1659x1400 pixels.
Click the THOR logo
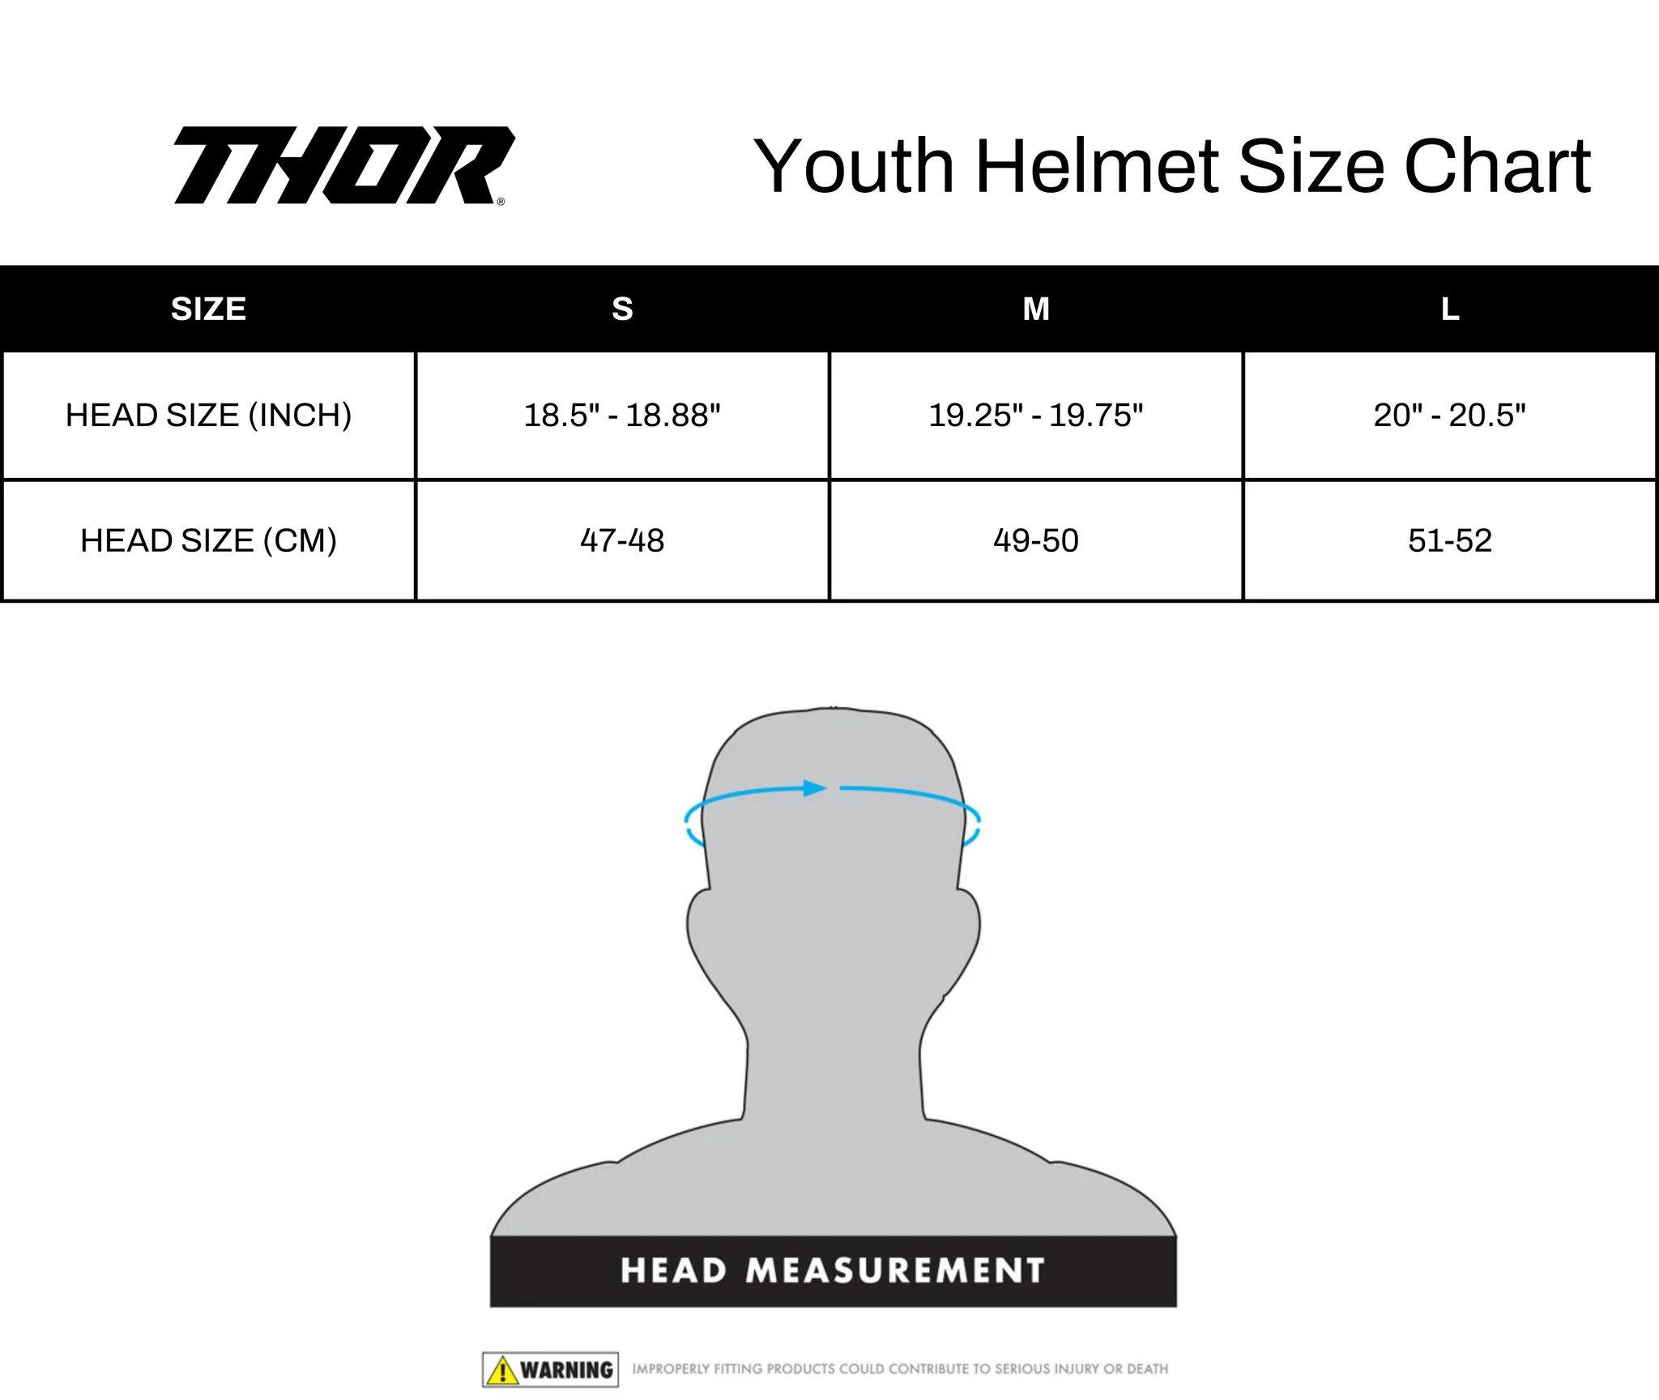pyautogui.click(x=344, y=165)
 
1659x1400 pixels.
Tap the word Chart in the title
pyautogui.click(x=1497, y=166)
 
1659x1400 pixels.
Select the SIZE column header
pyautogui.click(x=208, y=309)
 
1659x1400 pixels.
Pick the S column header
pyautogui.click(x=622, y=309)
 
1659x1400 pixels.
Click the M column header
pyautogui.click(x=1036, y=309)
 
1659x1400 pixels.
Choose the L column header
pyautogui.click(x=1450, y=309)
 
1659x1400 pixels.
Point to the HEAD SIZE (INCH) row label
pyautogui.click(x=208, y=415)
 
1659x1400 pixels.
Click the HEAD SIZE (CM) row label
pyautogui.click(x=208, y=540)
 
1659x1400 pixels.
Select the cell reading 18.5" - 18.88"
pyautogui.click(x=622, y=415)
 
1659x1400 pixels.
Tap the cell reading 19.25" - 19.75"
pyautogui.click(x=1036, y=415)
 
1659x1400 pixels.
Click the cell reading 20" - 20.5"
pyautogui.click(x=1450, y=415)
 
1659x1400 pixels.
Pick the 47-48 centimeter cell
pyautogui.click(x=622, y=540)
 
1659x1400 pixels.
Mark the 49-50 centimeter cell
pyautogui.click(x=1036, y=540)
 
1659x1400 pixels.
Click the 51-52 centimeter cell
pyautogui.click(x=1450, y=540)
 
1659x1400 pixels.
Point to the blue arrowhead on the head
pyautogui.click(x=814, y=788)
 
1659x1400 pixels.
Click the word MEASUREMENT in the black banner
pyautogui.click(x=895, y=1270)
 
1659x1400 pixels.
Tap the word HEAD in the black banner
pyautogui.click(x=673, y=1270)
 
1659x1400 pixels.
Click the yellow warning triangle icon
pyautogui.click(x=502, y=1370)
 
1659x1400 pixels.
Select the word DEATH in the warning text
pyautogui.click(x=1147, y=1369)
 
